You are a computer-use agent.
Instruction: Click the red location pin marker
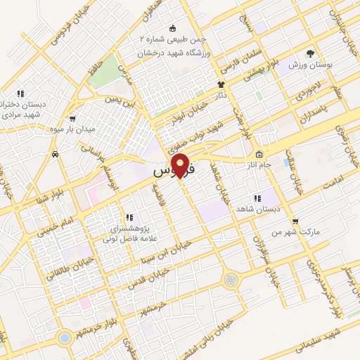pyautogui.click(x=181, y=166)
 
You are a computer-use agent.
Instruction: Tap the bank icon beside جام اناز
pyautogui.click(x=259, y=155)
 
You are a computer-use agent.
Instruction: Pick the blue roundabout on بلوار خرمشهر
pyautogui.click(x=65, y=338)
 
